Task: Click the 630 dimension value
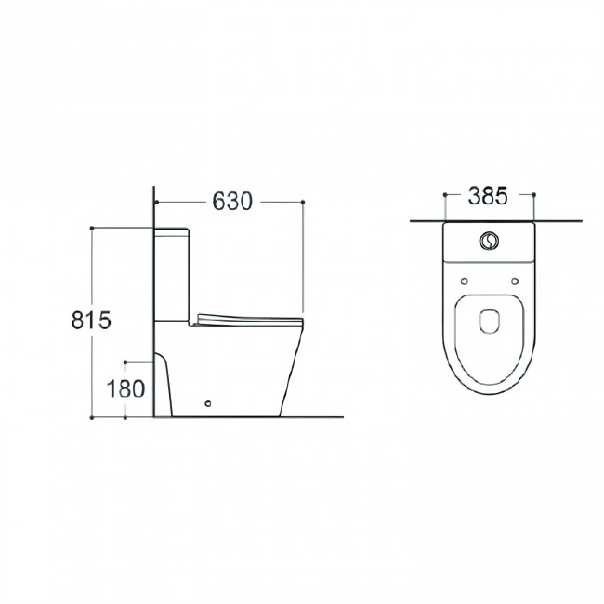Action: tap(232, 201)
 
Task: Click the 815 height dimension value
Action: tap(91, 320)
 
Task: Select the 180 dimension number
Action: tap(125, 388)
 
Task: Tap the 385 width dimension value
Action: tap(488, 196)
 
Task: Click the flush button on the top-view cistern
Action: tap(489, 241)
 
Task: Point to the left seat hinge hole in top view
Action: tap(465, 282)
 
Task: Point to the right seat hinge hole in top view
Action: tap(515, 282)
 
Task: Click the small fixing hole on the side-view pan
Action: tap(208, 403)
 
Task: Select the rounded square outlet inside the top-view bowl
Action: tap(490, 321)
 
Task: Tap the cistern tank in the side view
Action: tap(171, 274)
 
